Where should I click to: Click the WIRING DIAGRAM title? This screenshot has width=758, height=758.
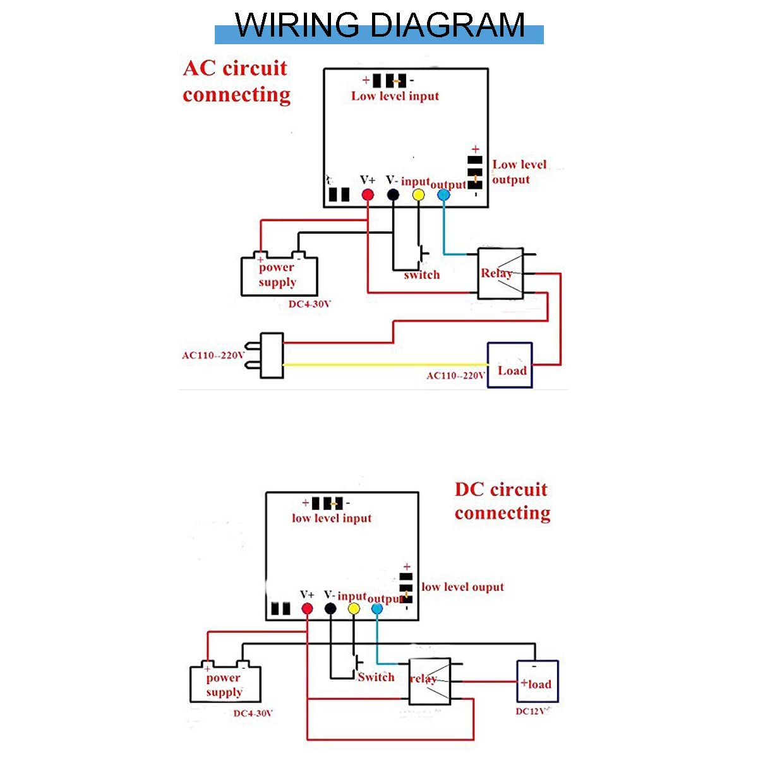tap(379, 27)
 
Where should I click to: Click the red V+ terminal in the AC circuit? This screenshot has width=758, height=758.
tap(368, 195)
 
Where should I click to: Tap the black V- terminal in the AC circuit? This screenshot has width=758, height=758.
tap(393, 195)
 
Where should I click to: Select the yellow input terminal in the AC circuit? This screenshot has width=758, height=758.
tap(418, 195)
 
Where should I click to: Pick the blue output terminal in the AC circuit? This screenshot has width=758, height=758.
tap(443, 195)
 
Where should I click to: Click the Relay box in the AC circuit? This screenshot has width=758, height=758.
tap(500, 274)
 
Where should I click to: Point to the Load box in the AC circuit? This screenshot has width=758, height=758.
tap(510, 365)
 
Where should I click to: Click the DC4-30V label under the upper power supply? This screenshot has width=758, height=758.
tap(310, 304)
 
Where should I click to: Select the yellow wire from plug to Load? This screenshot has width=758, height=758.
tap(385, 364)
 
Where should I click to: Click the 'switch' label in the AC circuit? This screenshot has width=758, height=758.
tap(422, 275)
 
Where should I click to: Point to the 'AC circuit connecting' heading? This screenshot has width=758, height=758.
tap(236, 81)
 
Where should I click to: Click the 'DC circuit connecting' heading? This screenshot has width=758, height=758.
tap(502, 501)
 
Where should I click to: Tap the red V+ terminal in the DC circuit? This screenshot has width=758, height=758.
tap(307, 609)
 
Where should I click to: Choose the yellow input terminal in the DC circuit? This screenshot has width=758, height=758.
tap(354, 609)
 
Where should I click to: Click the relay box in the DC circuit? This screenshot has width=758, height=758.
tap(430, 682)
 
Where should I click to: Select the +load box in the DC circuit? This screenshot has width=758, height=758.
tap(538, 682)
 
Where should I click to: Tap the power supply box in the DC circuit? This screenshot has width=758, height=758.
tap(225, 685)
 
